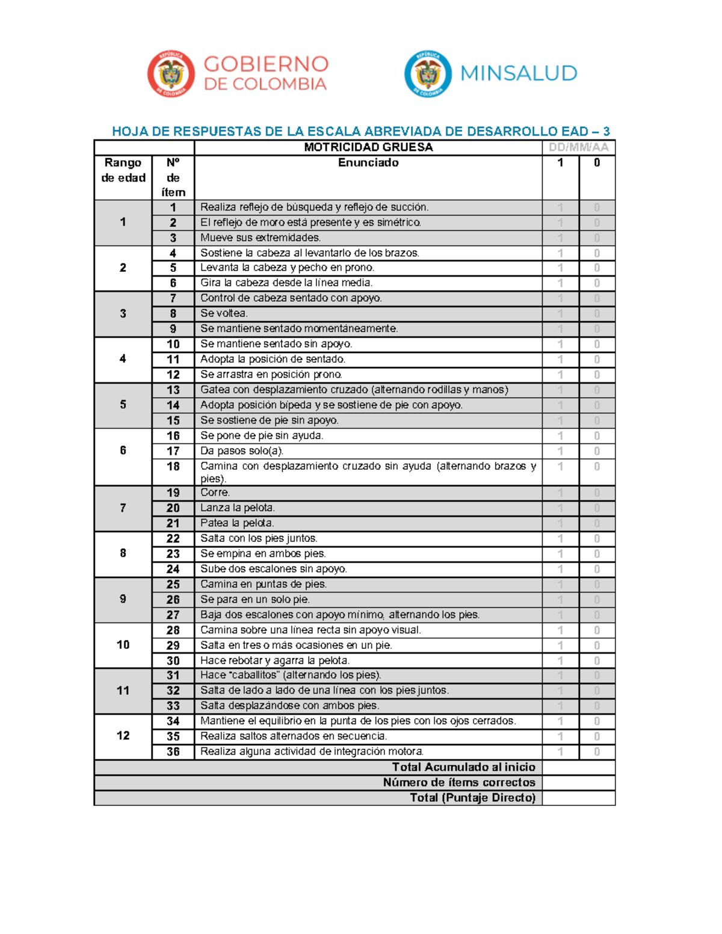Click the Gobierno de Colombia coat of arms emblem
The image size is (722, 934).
click(171, 74)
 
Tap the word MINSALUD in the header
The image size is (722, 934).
click(519, 73)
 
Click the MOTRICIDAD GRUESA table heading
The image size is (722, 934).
click(368, 147)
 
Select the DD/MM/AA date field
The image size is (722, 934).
click(578, 147)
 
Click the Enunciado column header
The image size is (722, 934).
click(368, 162)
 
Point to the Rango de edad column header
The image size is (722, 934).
click(123, 170)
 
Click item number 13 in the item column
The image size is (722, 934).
click(173, 390)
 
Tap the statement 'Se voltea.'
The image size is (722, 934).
click(224, 313)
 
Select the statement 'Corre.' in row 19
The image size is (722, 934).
click(215, 493)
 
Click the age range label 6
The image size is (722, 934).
click(123, 450)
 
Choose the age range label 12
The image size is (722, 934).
click(123, 736)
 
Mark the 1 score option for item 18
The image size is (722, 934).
click(560, 467)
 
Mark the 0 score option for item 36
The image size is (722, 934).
click(597, 752)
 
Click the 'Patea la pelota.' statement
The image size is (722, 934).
click(237, 523)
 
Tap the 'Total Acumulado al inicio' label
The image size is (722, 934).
click(463, 767)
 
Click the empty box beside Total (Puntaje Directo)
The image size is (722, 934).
click(578, 798)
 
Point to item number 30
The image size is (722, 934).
click(173, 660)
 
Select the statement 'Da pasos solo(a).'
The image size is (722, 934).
click(242, 451)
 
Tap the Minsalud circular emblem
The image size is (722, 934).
click(428, 74)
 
